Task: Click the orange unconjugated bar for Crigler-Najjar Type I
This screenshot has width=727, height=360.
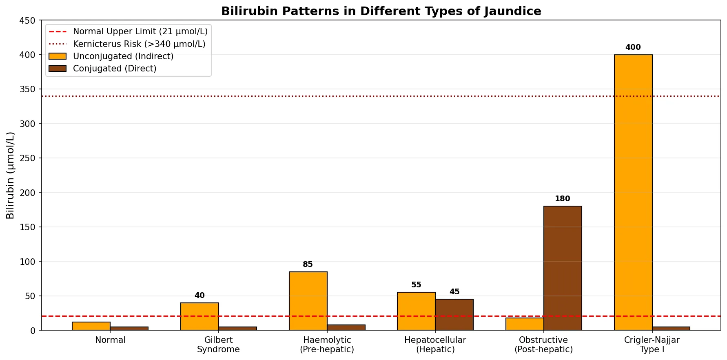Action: (633, 192)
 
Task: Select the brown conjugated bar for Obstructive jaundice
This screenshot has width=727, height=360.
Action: (563, 268)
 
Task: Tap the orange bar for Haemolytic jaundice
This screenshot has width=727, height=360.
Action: (308, 301)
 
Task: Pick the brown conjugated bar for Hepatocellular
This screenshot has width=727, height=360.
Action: (454, 315)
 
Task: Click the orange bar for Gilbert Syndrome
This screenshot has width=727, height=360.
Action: (199, 316)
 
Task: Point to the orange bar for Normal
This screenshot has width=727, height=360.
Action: (91, 326)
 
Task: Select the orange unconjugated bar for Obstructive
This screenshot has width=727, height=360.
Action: (525, 324)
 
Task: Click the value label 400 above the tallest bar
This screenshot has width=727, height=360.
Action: (633, 47)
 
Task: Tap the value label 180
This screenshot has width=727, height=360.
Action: (563, 199)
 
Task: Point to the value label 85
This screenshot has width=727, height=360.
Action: (308, 264)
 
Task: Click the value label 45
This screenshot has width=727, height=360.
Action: (454, 292)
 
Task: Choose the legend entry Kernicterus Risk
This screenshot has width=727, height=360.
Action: (139, 44)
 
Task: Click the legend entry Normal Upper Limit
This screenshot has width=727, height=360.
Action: (140, 31)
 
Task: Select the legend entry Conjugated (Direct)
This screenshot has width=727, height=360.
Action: (115, 69)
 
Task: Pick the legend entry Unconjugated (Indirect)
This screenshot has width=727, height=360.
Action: (123, 56)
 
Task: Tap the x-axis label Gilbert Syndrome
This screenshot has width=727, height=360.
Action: (218, 344)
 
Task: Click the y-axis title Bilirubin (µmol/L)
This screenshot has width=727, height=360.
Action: (11, 175)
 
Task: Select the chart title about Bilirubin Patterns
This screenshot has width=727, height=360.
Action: (381, 11)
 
